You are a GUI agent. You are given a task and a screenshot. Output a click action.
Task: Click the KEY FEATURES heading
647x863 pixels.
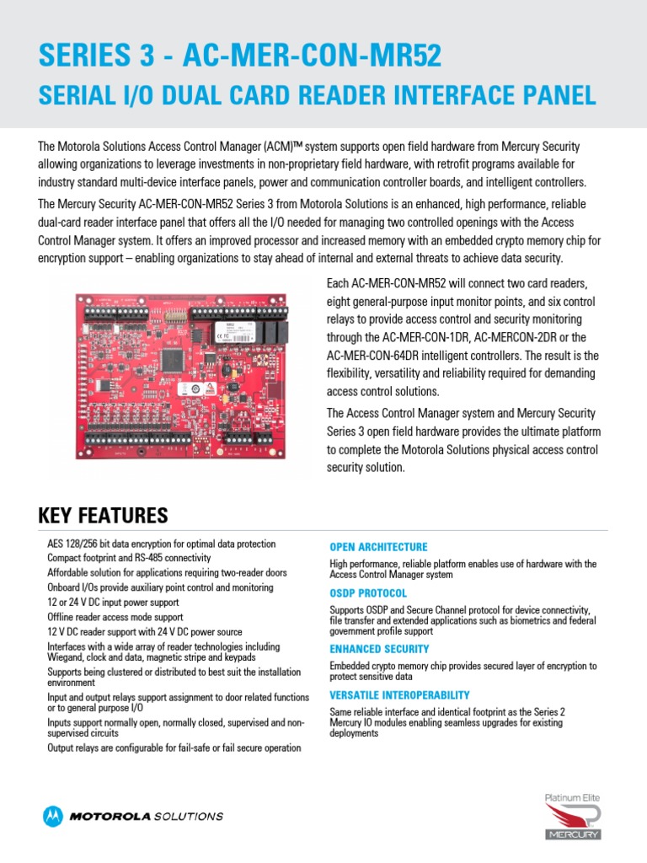point(103,515)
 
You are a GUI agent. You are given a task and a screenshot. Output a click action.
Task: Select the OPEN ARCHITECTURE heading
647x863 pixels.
point(378,547)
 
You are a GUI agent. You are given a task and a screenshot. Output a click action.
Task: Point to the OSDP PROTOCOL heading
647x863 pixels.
point(368,593)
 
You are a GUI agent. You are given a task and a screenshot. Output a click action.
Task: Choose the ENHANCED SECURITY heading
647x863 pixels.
point(379,649)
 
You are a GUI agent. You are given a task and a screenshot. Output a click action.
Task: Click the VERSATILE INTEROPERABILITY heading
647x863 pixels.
point(399,695)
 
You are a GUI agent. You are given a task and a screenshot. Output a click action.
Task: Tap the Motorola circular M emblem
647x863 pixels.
point(53,816)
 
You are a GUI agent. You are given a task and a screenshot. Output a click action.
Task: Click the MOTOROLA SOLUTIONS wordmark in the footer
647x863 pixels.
point(147,816)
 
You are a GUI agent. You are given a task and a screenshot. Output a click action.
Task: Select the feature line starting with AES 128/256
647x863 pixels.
point(161,544)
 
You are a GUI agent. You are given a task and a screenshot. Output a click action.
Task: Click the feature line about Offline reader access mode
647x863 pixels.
point(126,618)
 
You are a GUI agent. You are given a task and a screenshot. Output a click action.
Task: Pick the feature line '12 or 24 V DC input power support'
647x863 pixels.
point(125,603)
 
